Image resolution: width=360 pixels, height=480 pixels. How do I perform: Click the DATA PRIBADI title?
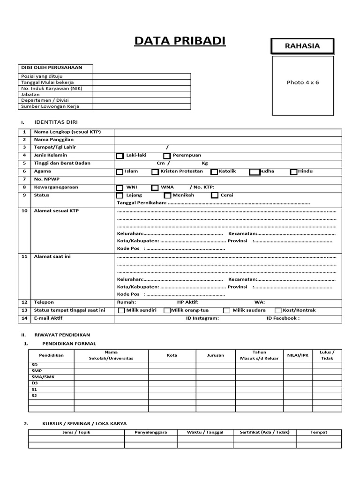pos(180,41)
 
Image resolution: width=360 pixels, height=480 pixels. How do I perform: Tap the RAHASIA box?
pos(302,46)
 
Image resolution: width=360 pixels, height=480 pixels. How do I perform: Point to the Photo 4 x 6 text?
pos(302,82)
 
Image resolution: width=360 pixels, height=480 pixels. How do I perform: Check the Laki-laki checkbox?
pos(120,156)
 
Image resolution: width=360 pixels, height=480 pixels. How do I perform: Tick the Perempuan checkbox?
pos(167,156)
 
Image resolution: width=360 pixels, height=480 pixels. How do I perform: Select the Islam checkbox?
pos(120,172)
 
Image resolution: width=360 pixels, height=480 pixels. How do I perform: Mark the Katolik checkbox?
pos(214,172)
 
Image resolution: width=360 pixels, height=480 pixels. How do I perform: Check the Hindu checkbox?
pos(294,172)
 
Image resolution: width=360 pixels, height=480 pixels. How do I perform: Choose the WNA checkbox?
pos(155,188)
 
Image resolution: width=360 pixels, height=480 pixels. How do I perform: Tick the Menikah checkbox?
pos(166,195)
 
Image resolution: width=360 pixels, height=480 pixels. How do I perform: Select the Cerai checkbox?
pos(215,195)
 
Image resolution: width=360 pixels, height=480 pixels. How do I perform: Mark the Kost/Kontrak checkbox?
pos(278,310)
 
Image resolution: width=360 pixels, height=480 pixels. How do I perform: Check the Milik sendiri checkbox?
pos(121,310)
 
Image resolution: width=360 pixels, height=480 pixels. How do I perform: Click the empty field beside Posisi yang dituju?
pos(142,76)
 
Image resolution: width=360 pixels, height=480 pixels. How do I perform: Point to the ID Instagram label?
pos(202,318)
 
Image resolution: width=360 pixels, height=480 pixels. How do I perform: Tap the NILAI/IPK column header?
pos(298,355)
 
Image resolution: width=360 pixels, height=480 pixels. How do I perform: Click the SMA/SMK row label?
pos(39,377)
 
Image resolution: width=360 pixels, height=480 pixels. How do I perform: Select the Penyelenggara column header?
pos(151,432)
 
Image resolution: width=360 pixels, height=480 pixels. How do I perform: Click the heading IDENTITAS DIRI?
pos(56,122)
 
